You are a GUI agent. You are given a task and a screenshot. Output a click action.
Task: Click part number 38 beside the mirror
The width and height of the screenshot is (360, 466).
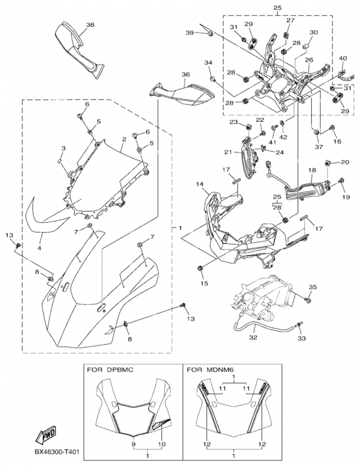click(90, 25)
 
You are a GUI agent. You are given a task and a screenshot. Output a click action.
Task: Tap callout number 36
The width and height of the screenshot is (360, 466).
click(185, 75)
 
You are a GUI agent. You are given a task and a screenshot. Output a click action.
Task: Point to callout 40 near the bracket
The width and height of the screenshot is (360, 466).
click(343, 58)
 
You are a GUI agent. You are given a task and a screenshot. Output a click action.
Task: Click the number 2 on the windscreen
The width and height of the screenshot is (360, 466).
click(124, 140)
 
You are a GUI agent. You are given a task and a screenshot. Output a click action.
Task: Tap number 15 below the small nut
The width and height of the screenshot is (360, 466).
click(204, 283)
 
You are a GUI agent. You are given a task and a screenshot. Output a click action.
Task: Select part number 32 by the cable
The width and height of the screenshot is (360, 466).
click(253, 337)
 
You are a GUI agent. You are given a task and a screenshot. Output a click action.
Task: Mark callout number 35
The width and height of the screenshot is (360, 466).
click(312, 287)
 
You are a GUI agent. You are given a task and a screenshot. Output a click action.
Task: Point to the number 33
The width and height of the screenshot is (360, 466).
click(302, 338)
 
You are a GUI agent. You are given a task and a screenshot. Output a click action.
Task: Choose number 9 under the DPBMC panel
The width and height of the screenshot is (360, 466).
click(133, 443)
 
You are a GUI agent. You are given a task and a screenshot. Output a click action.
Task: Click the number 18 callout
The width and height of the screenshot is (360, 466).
click(312, 170)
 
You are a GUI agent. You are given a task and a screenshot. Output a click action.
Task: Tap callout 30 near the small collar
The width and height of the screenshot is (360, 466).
click(313, 33)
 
